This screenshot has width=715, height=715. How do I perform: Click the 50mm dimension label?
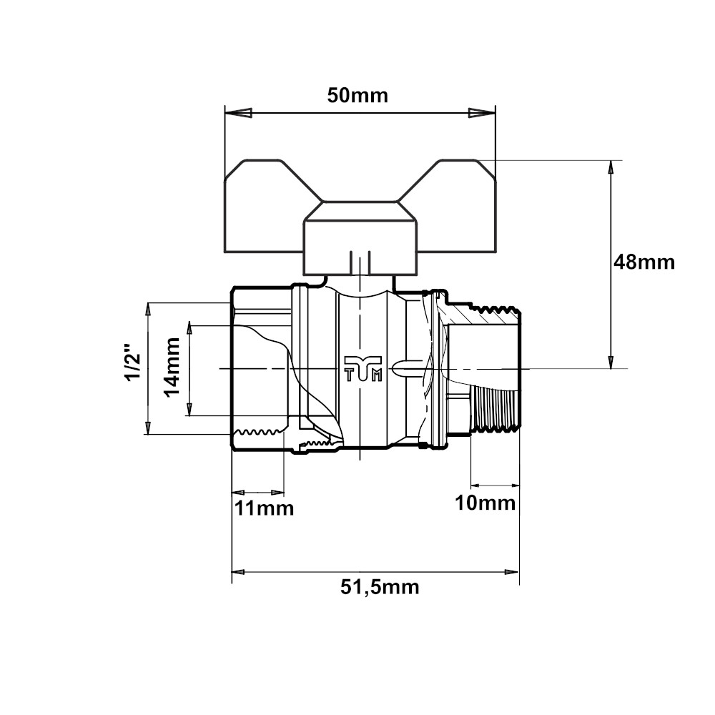(357, 95)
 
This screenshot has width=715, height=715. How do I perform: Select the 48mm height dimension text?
(643, 262)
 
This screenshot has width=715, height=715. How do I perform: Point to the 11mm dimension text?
(264, 508)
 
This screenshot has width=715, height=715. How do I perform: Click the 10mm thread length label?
(485, 503)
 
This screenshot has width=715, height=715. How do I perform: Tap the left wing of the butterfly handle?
(265, 207)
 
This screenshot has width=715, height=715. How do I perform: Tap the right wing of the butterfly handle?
(450, 207)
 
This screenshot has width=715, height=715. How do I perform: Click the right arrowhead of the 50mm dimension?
(482, 113)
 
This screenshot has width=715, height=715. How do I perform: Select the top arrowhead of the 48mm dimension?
(611, 168)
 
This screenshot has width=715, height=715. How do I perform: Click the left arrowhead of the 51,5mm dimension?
(240, 572)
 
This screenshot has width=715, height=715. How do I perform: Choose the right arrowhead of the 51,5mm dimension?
(511, 572)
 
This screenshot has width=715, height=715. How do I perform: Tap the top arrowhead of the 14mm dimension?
(189, 330)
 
